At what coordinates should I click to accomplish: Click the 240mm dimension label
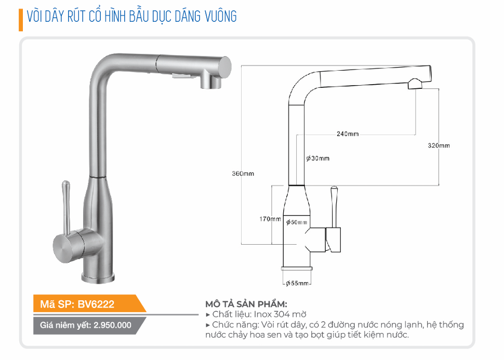point(348,134)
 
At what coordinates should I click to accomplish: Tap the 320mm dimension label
point(439,145)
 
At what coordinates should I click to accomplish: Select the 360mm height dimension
point(243,174)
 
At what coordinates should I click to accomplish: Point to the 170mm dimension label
point(270,219)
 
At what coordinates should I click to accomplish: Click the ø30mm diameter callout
point(317,158)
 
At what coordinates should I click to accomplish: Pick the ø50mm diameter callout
point(296,222)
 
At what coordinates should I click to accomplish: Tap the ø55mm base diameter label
point(297,283)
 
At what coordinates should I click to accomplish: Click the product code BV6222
point(96,304)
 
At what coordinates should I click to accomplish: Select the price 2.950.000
point(113,325)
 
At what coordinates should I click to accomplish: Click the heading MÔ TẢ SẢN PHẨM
point(246,304)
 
